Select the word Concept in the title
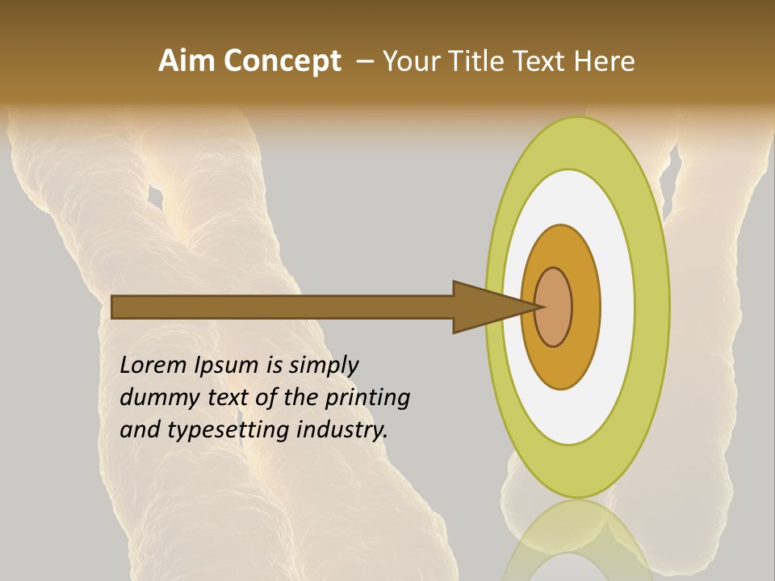(x=282, y=61)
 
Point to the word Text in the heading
(x=542, y=61)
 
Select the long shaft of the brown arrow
(x=283, y=307)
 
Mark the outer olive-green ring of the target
(x=651, y=307)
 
